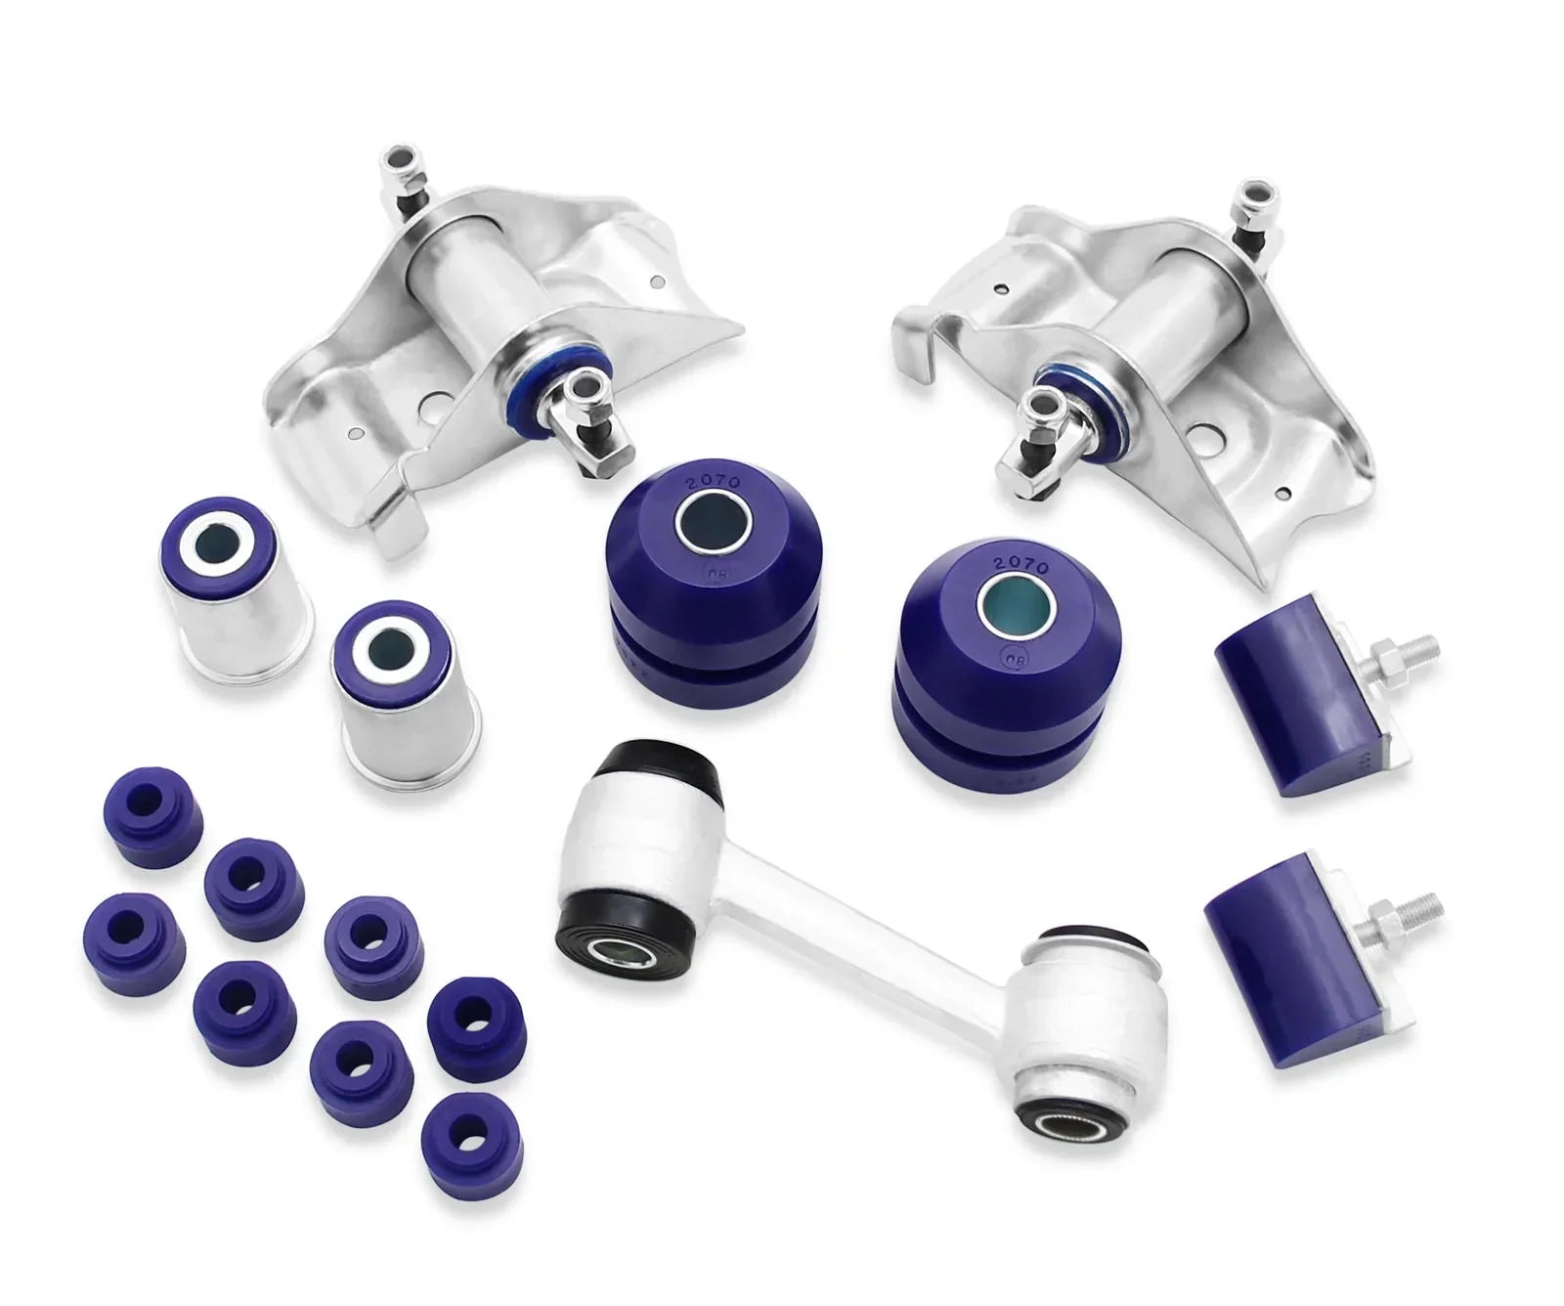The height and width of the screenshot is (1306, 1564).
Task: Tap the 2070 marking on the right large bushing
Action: [x=1020, y=565]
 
